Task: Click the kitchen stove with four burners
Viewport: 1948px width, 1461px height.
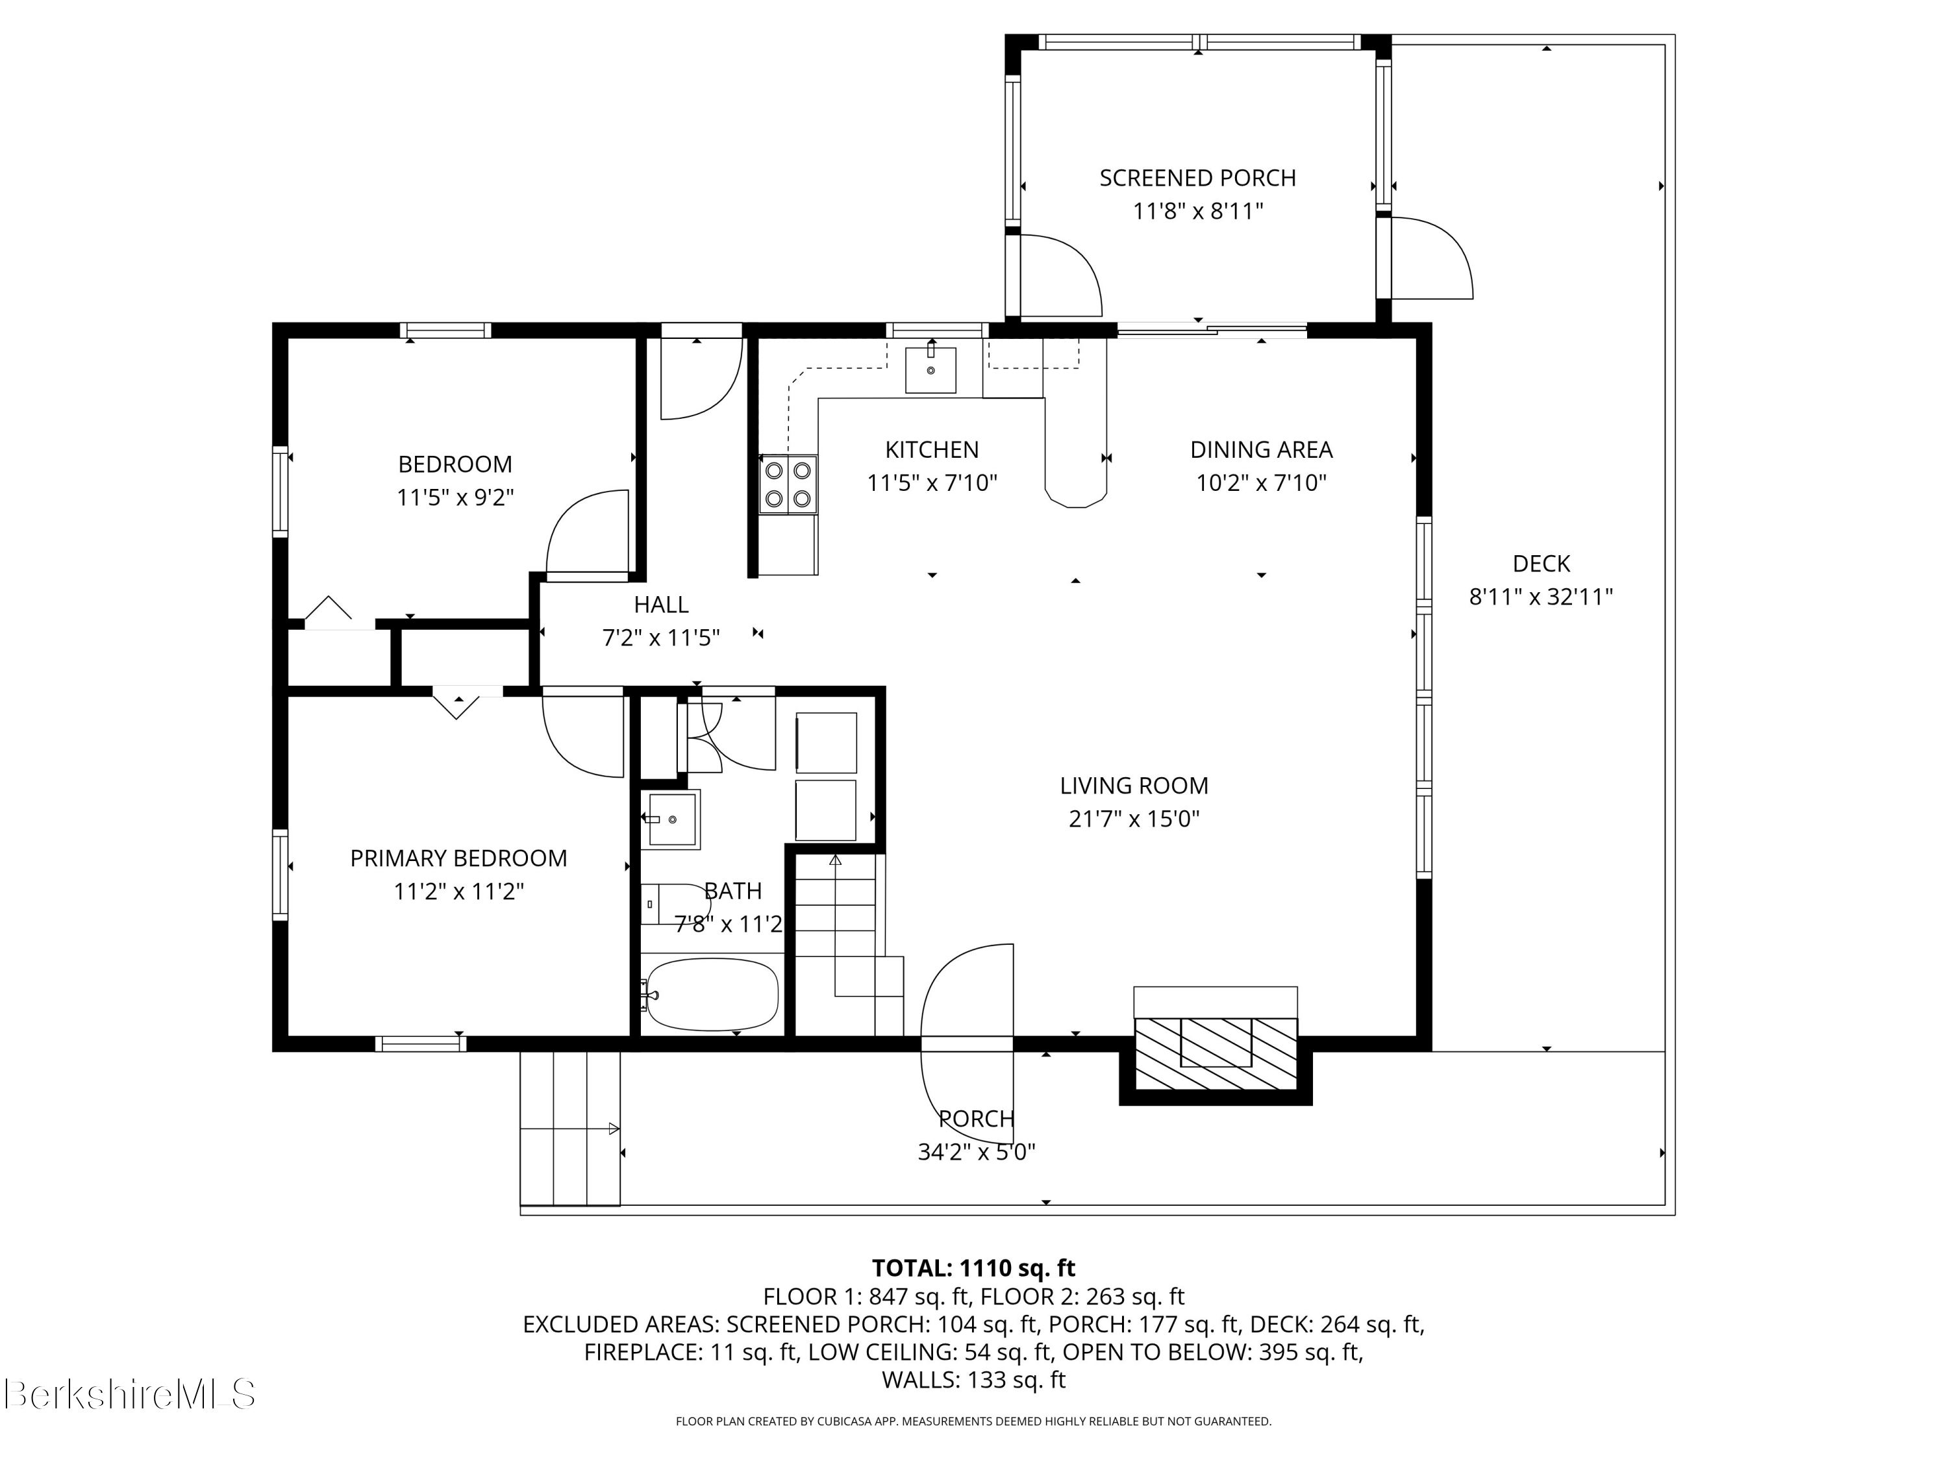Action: tap(788, 484)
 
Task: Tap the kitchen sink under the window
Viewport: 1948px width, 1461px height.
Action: tap(931, 369)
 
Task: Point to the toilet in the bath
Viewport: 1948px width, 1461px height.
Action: tap(675, 904)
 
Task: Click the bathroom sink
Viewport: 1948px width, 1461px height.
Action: tap(670, 819)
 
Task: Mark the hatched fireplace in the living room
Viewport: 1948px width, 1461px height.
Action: tap(1216, 1053)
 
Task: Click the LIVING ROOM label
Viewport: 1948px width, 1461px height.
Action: tap(1134, 786)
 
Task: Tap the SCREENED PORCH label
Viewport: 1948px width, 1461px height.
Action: tap(1197, 178)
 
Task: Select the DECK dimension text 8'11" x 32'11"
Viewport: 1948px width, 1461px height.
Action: tap(1541, 597)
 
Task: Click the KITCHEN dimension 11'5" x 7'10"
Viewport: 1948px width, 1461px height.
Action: tap(932, 482)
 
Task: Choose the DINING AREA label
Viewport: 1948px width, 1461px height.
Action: tap(1261, 450)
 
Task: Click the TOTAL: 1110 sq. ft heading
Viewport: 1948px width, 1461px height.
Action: tap(973, 1268)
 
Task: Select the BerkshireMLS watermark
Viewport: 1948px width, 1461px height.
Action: tap(129, 1394)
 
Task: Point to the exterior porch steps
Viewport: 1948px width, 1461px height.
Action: tap(569, 1128)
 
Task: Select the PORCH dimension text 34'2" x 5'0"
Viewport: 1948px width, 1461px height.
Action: tap(976, 1152)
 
